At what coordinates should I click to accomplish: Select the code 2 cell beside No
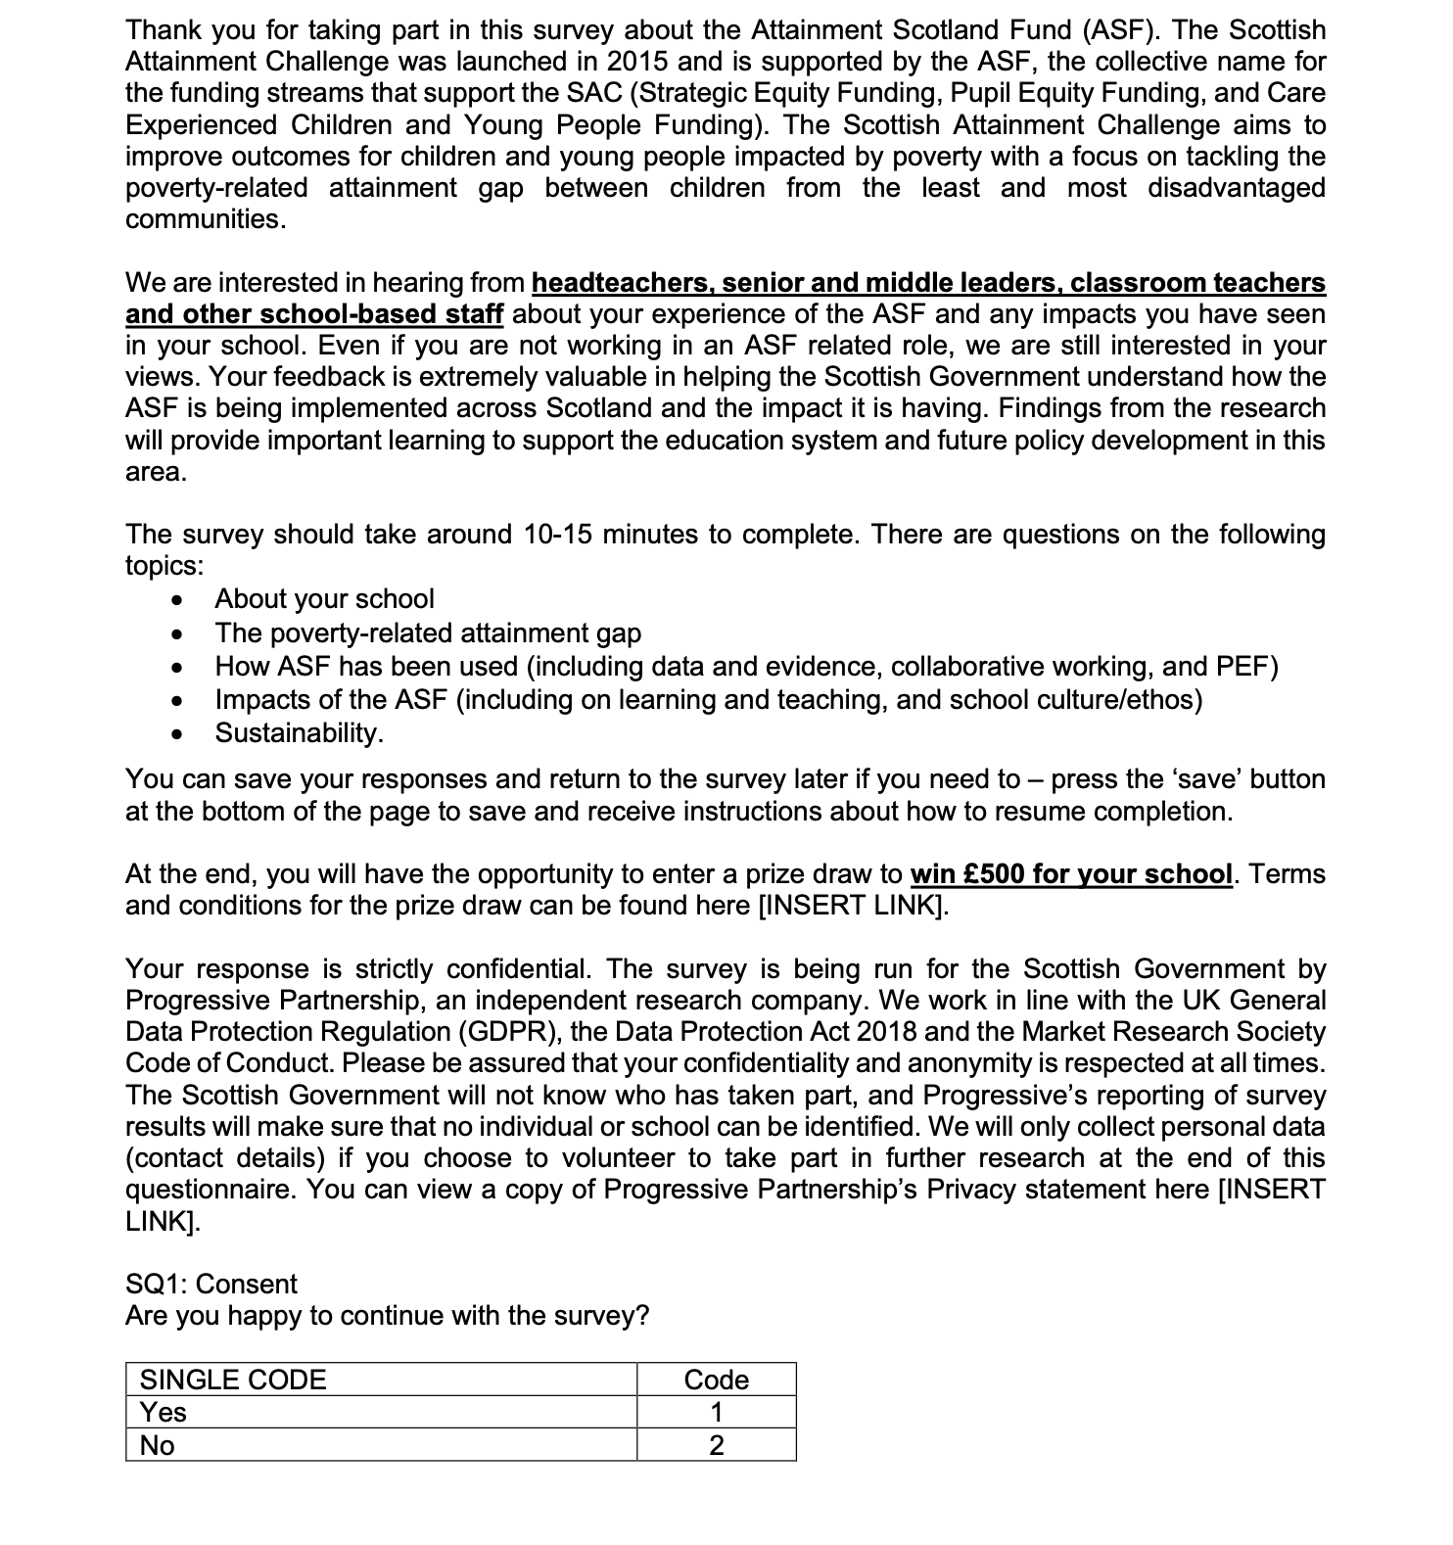tap(716, 1445)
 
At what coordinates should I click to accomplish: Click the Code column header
tap(716, 1380)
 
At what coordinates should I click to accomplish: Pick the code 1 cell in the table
tap(716, 1412)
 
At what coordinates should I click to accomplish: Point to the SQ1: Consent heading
tap(211, 1284)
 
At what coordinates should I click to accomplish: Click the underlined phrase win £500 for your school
tap(1070, 873)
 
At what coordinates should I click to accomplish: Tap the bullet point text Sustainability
tap(299, 732)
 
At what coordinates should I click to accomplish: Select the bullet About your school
tap(324, 598)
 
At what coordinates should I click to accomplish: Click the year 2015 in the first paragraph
tap(637, 62)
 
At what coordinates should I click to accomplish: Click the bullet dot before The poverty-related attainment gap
tap(176, 633)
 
